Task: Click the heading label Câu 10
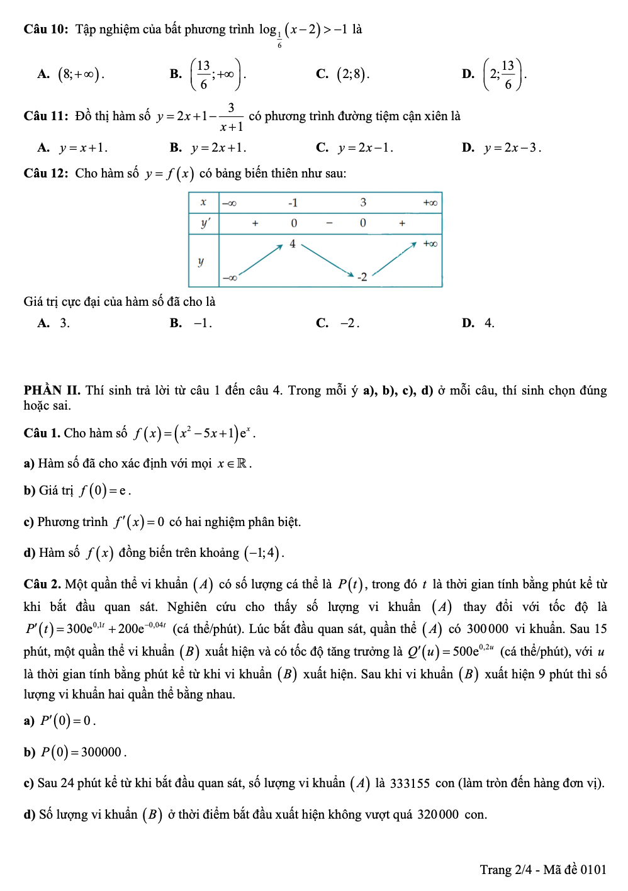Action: [45, 30]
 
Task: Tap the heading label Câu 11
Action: [45, 116]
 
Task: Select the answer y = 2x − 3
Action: [511, 148]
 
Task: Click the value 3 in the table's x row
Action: [363, 203]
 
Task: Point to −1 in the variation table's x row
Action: [293, 203]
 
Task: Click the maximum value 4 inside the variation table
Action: [293, 244]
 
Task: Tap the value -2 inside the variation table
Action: [362, 277]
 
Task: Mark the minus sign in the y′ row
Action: [328, 223]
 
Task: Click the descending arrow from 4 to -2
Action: [327, 260]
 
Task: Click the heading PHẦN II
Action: [52, 391]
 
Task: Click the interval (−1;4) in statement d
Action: [264, 553]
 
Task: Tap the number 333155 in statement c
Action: [410, 784]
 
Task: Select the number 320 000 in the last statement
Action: [438, 815]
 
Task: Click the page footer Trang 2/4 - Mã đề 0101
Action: [542, 870]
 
